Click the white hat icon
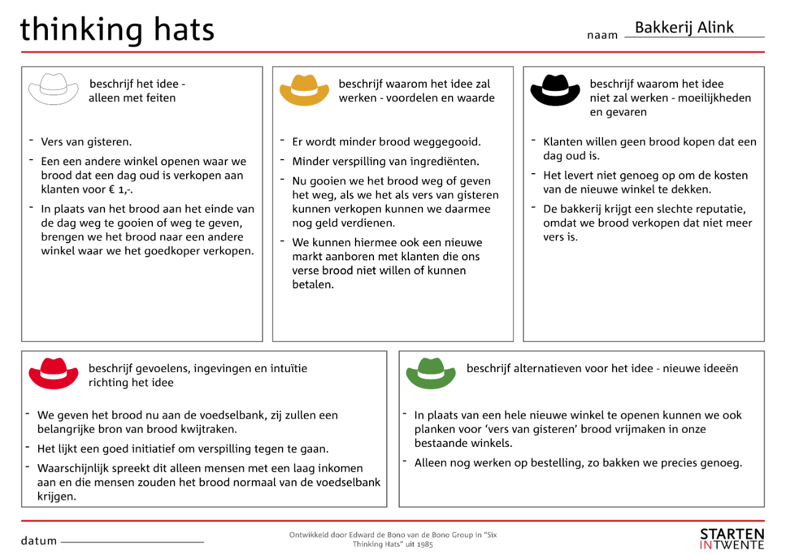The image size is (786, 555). pos(53,89)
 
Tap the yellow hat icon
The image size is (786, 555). pos(305,90)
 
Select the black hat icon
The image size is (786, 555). pos(554,90)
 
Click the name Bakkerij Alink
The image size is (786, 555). pos(684,28)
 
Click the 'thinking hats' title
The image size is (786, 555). pos(117,29)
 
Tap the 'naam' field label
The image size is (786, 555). pos(602,36)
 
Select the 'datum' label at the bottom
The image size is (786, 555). pos(39,541)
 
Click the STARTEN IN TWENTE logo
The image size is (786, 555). pos(732,538)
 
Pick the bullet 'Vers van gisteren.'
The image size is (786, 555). pos(86,142)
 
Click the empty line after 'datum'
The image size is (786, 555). pos(132,542)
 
